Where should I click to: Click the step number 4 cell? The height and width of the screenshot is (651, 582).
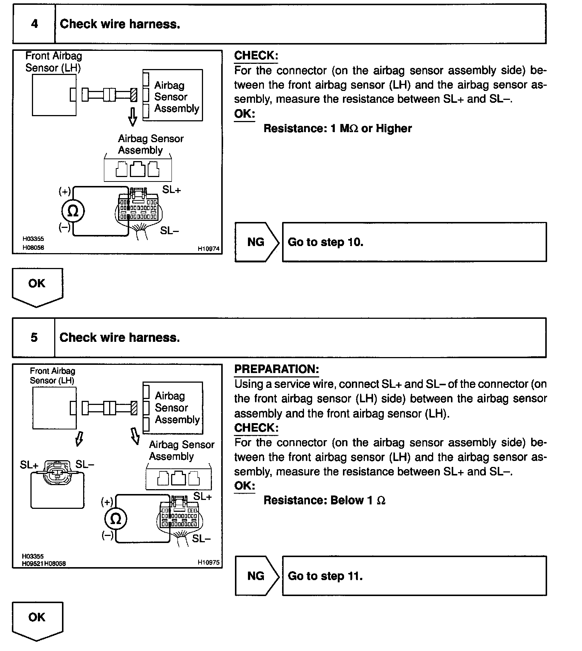click(x=34, y=24)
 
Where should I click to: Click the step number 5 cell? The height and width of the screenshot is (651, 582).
click(x=34, y=337)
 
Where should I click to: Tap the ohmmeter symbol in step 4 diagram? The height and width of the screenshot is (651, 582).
click(x=73, y=211)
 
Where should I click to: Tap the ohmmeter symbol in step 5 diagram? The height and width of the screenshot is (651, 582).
click(x=116, y=518)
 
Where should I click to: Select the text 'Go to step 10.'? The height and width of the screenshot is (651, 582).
click(x=325, y=242)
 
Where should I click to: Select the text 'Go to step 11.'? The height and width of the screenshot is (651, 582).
click(x=325, y=576)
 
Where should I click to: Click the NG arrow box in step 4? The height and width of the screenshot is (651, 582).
click(x=256, y=242)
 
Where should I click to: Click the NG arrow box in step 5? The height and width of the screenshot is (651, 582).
click(x=256, y=576)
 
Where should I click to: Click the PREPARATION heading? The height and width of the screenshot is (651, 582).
click(x=277, y=369)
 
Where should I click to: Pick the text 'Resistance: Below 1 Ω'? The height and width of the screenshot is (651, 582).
click(x=324, y=500)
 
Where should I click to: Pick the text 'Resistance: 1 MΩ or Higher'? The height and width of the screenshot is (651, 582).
click(x=337, y=128)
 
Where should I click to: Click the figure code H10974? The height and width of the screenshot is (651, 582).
click(x=209, y=249)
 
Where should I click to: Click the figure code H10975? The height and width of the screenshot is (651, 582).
click(x=209, y=562)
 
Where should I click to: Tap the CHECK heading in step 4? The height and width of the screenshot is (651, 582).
click(x=256, y=56)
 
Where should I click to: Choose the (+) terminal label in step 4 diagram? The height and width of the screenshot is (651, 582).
click(x=65, y=192)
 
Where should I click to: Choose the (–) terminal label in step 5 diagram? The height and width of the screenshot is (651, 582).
click(x=107, y=535)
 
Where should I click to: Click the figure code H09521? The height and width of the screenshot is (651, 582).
click(x=33, y=563)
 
